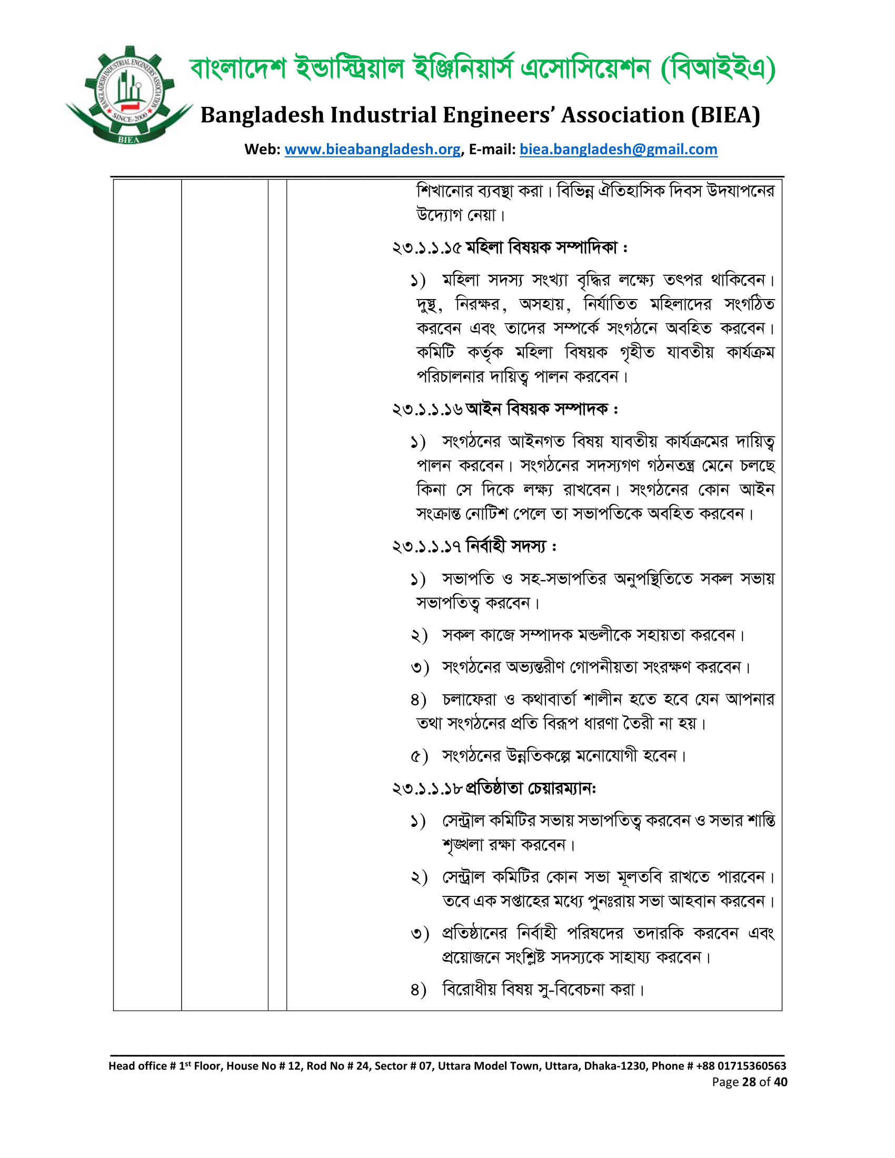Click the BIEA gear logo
[129, 95]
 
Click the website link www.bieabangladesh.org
[372, 149]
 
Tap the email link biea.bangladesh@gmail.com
[618, 149]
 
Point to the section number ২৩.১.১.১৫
[426, 247]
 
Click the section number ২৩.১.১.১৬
[427, 410]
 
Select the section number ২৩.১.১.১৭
[426, 546]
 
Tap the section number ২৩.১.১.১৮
[427, 789]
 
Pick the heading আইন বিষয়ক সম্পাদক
[536, 409]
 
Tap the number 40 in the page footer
[780, 1082]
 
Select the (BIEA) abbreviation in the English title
[725, 115]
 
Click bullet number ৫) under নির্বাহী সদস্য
[419, 756]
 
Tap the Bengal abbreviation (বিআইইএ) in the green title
[719, 69]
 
